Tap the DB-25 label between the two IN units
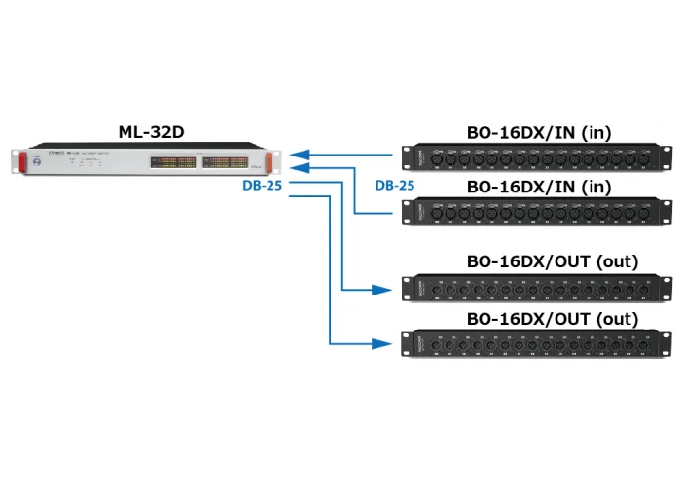(396, 185)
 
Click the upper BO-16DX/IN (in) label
(538, 133)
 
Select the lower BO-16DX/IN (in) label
(538, 186)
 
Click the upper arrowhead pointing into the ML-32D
(297, 154)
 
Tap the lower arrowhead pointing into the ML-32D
(297, 168)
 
